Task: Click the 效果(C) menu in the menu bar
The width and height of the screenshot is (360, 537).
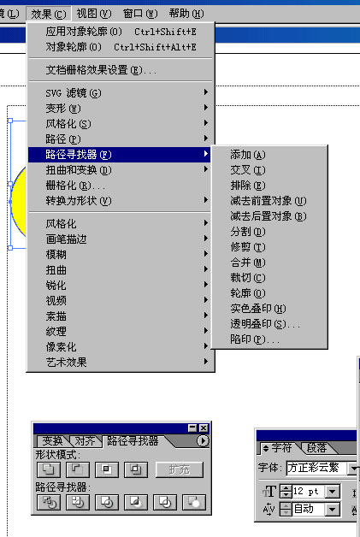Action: point(48,14)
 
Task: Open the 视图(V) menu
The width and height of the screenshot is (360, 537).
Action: point(94,14)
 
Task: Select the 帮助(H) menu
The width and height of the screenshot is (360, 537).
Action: point(186,14)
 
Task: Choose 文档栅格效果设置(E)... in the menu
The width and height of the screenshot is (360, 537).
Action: point(101,70)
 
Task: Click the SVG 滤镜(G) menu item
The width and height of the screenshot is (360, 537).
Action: point(74,93)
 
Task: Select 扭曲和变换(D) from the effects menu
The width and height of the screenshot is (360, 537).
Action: point(79,170)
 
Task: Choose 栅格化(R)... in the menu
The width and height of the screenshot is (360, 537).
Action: point(75,186)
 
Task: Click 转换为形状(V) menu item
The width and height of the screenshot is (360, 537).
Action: point(79,201)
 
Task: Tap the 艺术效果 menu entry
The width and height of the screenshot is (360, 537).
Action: point(66,362)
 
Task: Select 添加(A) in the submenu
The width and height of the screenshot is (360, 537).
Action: point(248,155)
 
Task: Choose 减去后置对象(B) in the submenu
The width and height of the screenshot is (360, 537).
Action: point(269,216)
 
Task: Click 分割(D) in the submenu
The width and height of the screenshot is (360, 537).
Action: point(248,232)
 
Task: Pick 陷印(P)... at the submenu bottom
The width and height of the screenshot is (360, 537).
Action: point(255,339)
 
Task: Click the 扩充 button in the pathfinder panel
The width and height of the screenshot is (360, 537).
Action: point(179,469)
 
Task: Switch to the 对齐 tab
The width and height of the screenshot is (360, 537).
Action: point(85,440)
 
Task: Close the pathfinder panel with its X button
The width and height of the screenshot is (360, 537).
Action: point(204,428)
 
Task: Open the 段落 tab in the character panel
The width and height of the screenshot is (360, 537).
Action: point(317,447)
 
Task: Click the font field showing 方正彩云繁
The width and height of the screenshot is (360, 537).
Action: point(316,468)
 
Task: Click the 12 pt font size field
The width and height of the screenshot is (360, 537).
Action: point(308,492)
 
